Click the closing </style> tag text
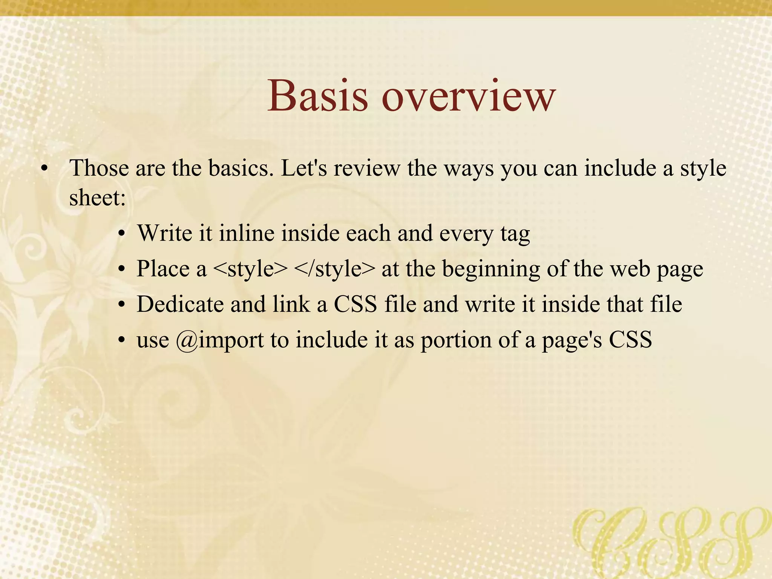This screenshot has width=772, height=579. tap(334, 269)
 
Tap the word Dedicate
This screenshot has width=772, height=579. tap(180, 304)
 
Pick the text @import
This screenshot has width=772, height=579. tap(220, 340)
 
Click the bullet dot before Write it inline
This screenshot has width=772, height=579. tap(121, 234)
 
